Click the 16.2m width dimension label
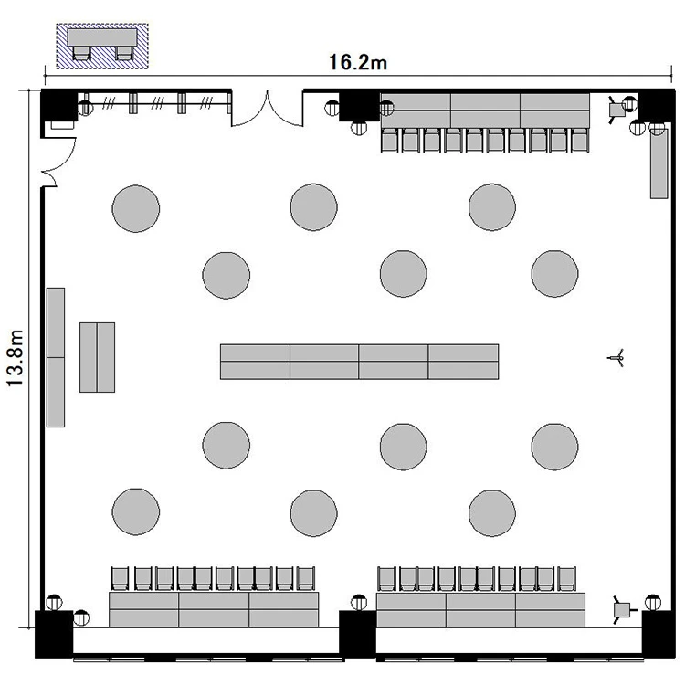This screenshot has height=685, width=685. pyautogui.click(x=358, y=62)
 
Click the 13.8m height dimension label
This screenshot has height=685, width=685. pyautogui.click(x=16, y=358)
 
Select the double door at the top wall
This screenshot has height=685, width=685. pyautogui.click(x=267, y=109)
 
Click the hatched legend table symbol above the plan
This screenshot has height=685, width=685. pyautogui.click(x=102, y=47)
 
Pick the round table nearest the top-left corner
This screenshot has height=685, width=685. pyautogui.click(x=136, y=208)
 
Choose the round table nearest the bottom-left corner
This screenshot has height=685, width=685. pyautogui.click(x=136, y=511)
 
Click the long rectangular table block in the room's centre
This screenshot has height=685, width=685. pyautogui.click(x=359, y=362)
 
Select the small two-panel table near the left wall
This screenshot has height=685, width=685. pyautogui.click(x=98, y=357)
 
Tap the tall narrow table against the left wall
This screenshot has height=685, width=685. pyautogui.click(x=56, y=357)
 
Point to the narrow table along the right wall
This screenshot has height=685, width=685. pyautogui.click(x=659, y=163)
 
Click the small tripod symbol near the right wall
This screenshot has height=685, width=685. pyautogui.click(x=616, y=358)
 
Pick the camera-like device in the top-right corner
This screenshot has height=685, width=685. pyautogui.click(x=617, y=111)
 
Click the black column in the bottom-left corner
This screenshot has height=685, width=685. pyautogui.click(x=54, y=635)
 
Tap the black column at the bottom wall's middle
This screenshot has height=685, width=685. pyautogui.click(x=357, y=635)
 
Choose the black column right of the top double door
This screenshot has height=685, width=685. pyautogui.click(x=359, y=105)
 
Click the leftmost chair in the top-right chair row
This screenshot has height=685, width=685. pyautogui.click(x=390, y=140)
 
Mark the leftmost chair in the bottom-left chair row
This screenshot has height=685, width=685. pyautogui.click(x=121, y=578)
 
